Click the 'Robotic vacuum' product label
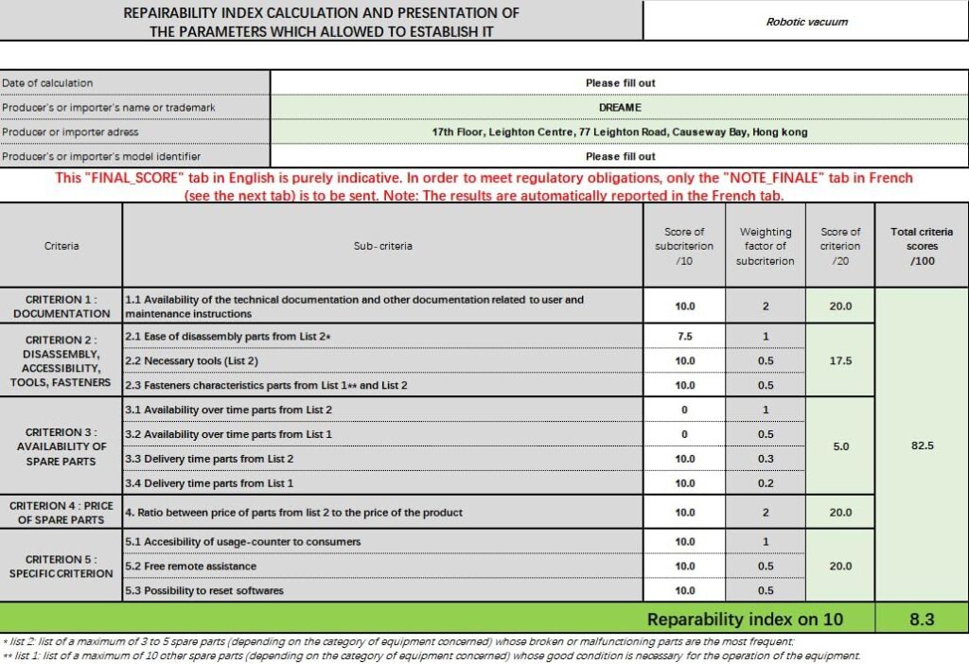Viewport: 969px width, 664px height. click(x=806, y=21)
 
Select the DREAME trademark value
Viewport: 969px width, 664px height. click(x=620, y=108)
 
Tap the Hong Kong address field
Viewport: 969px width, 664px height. click(x=620, y=132)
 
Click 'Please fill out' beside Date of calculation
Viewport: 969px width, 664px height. click(x=620, y=83)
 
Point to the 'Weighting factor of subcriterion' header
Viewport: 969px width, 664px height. click(x=765, y=246)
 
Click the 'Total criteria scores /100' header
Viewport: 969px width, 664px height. click(x=922, y=246)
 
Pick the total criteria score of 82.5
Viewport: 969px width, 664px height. click(x=922, y=445)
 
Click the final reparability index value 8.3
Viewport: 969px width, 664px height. click(x=922, y=620)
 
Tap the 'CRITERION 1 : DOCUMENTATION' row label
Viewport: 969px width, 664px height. click(x=62, y=306)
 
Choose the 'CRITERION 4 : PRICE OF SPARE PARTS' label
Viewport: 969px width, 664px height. click(x=62, y=513)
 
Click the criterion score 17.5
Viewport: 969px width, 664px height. click(x=840, y=360)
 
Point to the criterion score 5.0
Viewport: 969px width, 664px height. click(x=840, y=446)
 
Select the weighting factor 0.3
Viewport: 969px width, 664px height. click(x=765, y=459)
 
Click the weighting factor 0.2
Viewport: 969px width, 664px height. click(x=765, y=483)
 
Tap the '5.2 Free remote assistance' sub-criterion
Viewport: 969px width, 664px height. click(x=192, y=566)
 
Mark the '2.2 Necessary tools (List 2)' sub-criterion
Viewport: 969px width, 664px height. click(x=192, y=360)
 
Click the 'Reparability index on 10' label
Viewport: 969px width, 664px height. click(x=745, y=620)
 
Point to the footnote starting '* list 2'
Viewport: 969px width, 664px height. click(x=397, y=641)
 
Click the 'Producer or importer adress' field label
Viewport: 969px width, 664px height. click(x=71, y=132)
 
